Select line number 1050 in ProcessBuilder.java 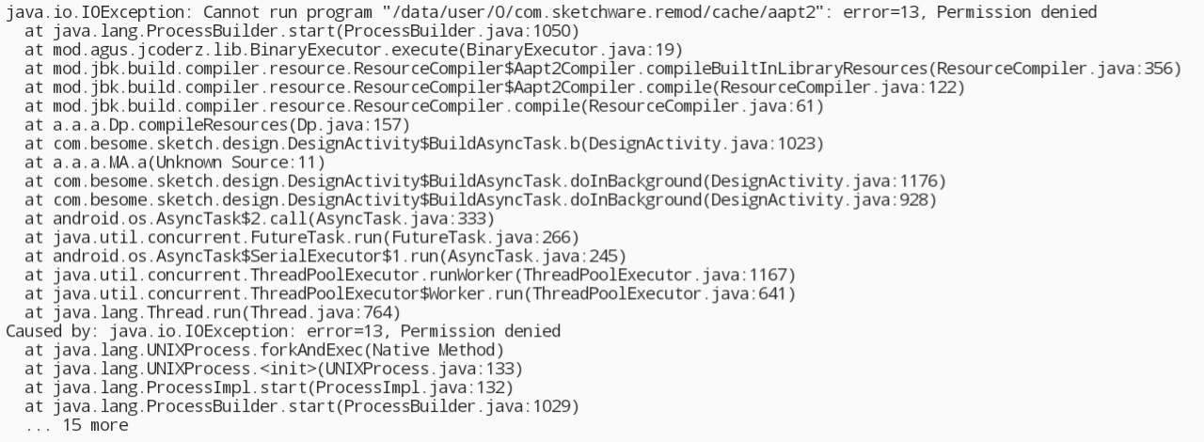pos(552,31)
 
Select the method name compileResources pos(213,125)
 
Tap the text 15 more pos(95,425)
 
